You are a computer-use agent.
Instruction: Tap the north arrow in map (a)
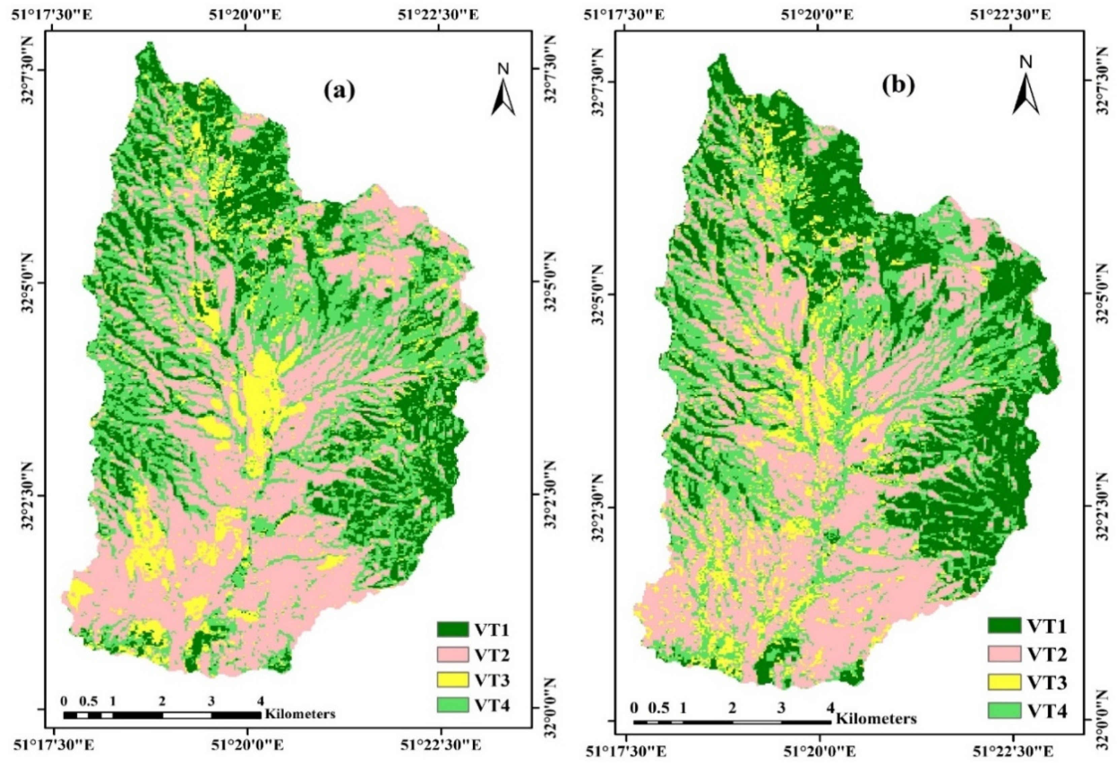coord(503,96)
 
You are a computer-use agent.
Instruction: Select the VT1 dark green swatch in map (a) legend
coord(452,628)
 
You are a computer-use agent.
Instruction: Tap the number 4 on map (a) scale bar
coord(260,701)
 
